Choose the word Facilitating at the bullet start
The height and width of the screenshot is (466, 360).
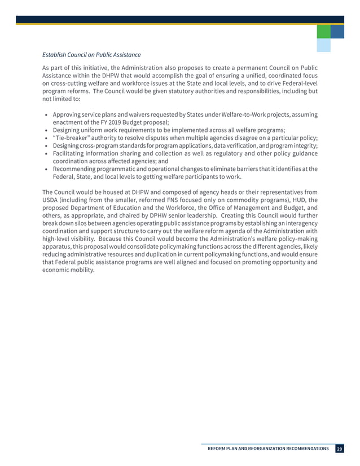click(x=72, y=154)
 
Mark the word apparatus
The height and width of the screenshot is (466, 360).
click(x=58, y=246)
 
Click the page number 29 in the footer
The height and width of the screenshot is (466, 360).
click(x=339, y=449)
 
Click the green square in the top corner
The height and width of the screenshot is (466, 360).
click(x=323, y=32)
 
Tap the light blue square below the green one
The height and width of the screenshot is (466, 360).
click(x=323, y=45)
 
